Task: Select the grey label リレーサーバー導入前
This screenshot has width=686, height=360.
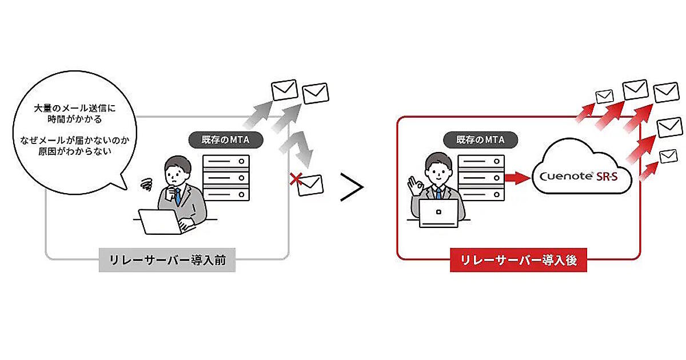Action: (x=167, y=261)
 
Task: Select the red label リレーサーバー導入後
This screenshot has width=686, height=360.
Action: (x=518, y=261)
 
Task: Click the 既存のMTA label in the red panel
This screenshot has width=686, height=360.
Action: (x=480, y=139)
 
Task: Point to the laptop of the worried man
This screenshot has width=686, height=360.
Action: (x=160, y=222)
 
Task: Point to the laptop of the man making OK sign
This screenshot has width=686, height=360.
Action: (x=438, y=213)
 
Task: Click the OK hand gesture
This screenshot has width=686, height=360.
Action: (x=414, y=185)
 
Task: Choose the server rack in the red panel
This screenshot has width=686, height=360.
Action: (x=481, y=177)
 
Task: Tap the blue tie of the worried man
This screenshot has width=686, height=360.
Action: (x=177, y=197)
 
